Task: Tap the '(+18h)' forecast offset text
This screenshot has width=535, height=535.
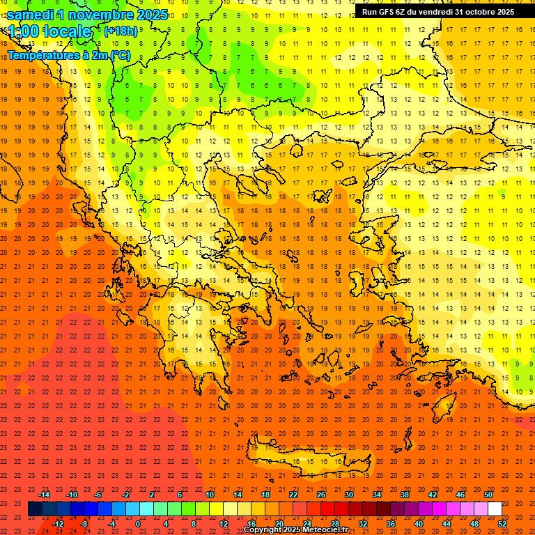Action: pos(121,31)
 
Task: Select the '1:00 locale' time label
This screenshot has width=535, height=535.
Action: pos(49,31)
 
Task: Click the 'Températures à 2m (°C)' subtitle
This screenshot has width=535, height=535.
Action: pos(68,55)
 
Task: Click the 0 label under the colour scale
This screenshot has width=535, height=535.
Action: pos(138,524)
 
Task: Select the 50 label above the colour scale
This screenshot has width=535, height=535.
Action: pos(488,494)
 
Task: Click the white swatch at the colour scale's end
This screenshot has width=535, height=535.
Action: pos(495,509)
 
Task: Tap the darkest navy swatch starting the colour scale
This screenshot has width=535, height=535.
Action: pos(35,509)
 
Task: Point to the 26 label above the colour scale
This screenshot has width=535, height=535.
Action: pos(321,494)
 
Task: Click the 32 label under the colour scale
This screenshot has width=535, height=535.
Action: pos(363,524)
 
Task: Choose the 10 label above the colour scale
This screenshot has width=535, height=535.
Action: pos(210,494)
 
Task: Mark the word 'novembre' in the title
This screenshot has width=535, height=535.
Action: pos(102,14)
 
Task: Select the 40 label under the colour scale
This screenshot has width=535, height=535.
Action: pos(419,524)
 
